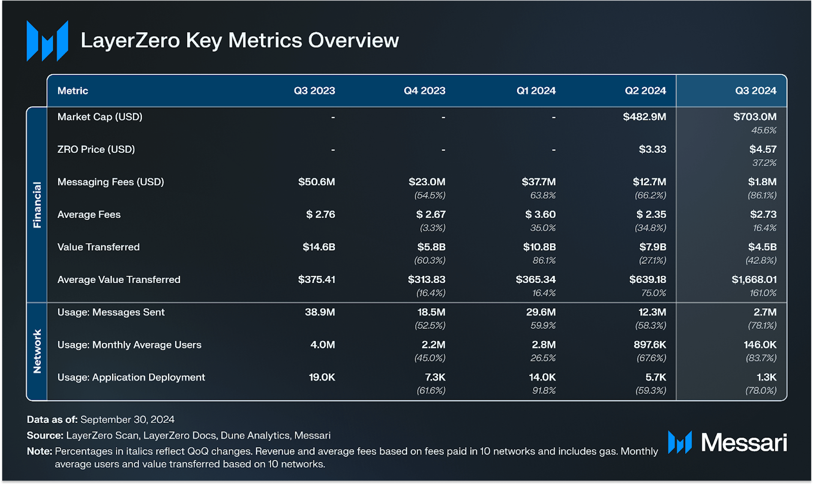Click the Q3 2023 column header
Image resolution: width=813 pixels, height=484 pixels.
tap(314, 91)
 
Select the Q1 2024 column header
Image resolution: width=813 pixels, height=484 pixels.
tap(536, 91)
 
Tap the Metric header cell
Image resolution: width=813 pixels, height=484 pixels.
tap(72, 91)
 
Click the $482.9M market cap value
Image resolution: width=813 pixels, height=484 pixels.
tap(644, 117)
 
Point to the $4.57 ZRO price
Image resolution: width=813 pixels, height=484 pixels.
tap(763, 149)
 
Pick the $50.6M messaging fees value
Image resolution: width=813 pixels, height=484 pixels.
tap(317, 182)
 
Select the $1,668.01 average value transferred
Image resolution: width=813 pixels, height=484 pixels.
tap(754, 280)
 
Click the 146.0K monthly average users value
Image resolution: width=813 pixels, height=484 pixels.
tap(760, 345)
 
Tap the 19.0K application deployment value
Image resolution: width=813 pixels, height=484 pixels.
tap(322, 377)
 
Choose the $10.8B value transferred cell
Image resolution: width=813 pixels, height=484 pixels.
tap(539, 247)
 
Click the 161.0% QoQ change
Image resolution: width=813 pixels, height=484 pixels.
tap(763, 293)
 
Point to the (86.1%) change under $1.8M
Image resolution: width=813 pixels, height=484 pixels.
tap(762, 195)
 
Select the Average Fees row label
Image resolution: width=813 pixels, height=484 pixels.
tap(89, 215)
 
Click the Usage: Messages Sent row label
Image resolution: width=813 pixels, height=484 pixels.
tap(111, 312)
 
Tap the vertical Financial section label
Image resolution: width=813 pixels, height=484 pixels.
tap(37, 205)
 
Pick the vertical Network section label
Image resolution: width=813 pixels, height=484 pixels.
tap(37, 351)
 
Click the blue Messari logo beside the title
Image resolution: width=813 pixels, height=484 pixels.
tap(47, 41)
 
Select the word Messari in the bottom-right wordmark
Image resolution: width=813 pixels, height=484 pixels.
tap(744, 443)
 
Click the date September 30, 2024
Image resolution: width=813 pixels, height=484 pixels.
tap(128, 419)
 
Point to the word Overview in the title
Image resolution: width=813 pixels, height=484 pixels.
tap(353, 40)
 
